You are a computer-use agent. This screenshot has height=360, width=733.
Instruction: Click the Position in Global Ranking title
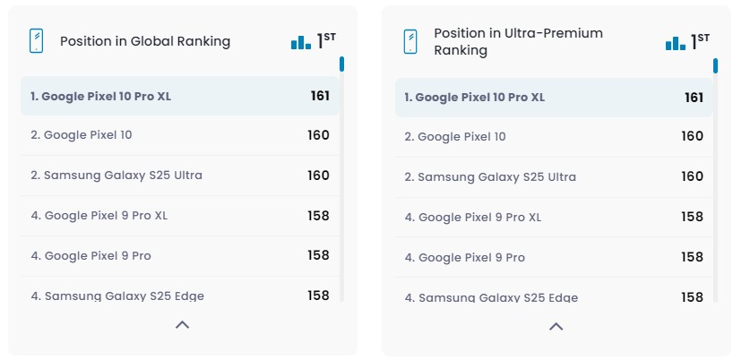pos(144,41)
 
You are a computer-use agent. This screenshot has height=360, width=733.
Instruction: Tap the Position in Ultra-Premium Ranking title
pos(518,42)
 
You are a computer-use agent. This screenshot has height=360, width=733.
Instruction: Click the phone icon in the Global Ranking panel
pos(37,41)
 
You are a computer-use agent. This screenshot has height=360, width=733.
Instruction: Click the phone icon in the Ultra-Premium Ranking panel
pos(410,42)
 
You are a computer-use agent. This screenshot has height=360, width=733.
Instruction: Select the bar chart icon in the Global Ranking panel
pos(300,42)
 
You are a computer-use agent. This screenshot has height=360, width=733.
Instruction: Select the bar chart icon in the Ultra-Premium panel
pos(675,42)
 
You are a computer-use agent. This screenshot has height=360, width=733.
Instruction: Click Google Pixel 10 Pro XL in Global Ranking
pos(100,96)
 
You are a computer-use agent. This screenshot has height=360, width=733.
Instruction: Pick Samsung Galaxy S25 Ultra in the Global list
pos(116,176)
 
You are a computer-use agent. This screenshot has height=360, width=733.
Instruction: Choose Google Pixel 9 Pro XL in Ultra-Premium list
pos(472,217)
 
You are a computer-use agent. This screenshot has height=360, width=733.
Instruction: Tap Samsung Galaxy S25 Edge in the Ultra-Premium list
pos(491,297)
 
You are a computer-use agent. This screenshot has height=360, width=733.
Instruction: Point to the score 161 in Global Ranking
pos(320,96)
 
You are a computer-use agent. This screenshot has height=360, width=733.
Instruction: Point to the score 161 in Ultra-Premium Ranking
pos(694,97)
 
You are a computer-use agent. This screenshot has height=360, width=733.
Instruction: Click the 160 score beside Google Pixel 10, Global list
pos(318,135)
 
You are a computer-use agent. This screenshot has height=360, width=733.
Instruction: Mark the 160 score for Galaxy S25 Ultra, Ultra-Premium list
pos(692,176)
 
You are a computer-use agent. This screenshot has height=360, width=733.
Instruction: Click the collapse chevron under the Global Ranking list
pos(182,325)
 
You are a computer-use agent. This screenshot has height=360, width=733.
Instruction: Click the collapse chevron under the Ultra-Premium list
pos(556,326)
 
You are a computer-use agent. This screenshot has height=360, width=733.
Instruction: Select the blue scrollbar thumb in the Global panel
pos(341,64)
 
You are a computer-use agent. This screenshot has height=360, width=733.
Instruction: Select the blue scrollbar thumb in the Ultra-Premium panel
pos(715,65)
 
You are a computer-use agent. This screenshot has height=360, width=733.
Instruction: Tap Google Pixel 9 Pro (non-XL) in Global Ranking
pos(91,256)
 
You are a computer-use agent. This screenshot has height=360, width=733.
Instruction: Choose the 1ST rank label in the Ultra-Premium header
pos(700,40)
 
